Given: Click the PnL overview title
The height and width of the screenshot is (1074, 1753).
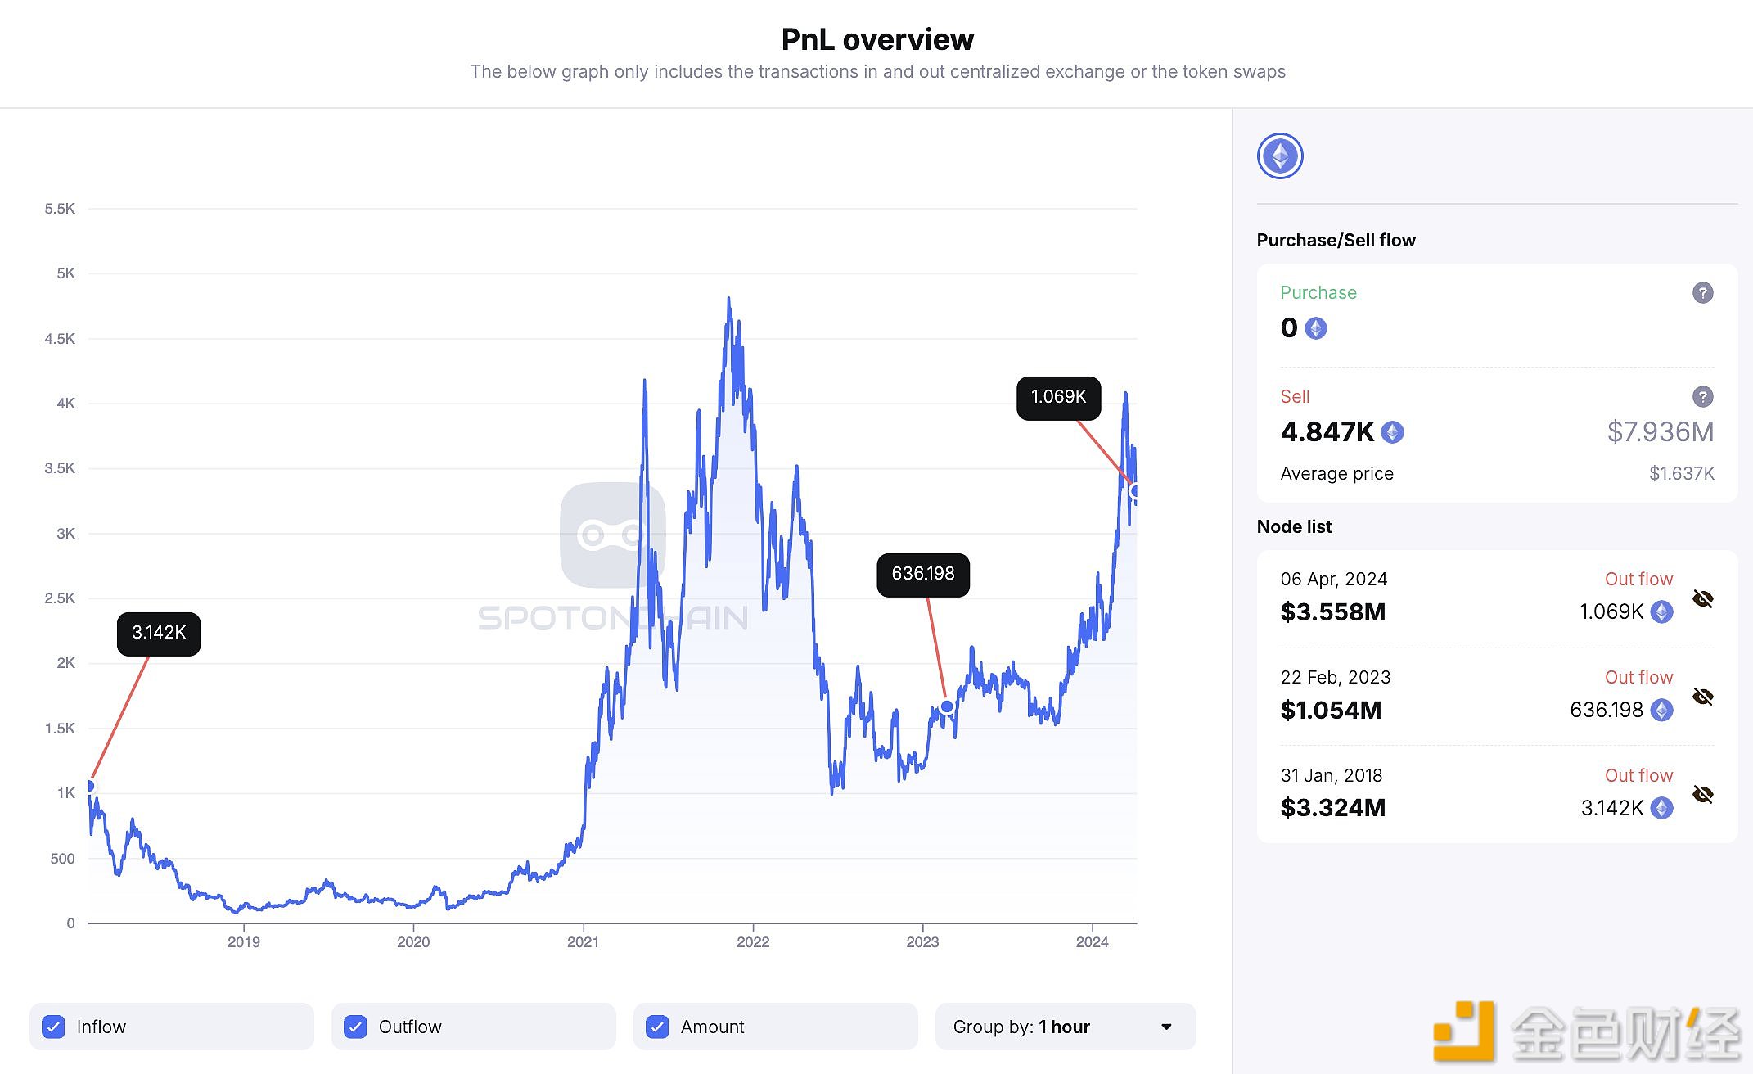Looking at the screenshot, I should point(877,39).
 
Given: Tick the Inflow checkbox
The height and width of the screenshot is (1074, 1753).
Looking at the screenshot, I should point(54,1027).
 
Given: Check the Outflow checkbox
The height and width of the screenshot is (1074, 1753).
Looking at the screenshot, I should point(355,1027).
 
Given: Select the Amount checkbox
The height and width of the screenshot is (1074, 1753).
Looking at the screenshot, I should point(657,1027).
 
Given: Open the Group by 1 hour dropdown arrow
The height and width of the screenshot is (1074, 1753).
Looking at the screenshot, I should point(1166,1027).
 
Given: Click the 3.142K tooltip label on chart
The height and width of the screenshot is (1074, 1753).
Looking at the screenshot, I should point(159,633).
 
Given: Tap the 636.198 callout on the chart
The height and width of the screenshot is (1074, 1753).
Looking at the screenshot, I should point(922,574).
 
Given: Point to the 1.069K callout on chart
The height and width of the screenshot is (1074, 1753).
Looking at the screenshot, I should point(1058,397).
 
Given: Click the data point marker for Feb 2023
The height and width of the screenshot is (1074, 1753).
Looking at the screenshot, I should point(947,706).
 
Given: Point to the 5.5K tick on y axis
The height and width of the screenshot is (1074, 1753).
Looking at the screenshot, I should point(60,209).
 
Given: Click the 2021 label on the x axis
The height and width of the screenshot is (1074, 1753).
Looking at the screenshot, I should point(583,942).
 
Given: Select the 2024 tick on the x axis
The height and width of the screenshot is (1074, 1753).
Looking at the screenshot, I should point(1092,942).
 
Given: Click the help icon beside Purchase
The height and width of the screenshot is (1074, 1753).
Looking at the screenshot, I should point(1702,293).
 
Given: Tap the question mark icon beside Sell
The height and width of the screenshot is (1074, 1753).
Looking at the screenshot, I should point(1702,397).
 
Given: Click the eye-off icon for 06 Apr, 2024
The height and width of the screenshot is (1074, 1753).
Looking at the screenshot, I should point(1702,599).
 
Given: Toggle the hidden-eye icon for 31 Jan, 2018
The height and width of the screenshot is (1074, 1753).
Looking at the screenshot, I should point(1702,795).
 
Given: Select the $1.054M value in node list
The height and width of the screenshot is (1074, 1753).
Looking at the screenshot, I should point(1331,710).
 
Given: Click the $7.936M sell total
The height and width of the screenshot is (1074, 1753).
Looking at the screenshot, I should point(1660,431).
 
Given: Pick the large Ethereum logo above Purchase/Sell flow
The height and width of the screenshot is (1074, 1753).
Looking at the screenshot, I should point(1280,156).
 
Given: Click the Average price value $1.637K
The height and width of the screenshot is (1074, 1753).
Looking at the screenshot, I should point(1681,473).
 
